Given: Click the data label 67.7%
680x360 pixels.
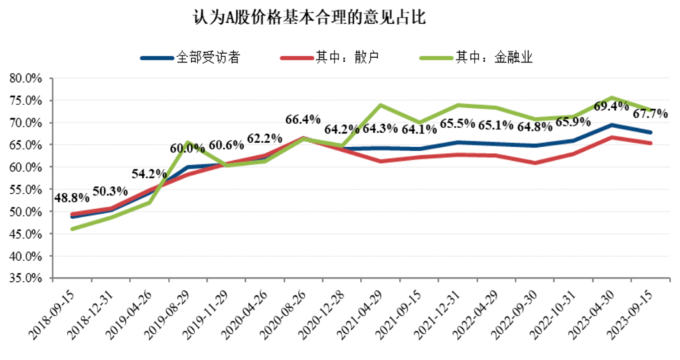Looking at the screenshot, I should [x=650, y=113].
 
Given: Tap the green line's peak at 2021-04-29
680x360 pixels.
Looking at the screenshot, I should [x=380, y=105].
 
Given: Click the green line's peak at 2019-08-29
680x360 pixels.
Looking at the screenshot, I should [x=187, y=142].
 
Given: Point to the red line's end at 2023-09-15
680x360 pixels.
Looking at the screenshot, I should [x=650, y=143].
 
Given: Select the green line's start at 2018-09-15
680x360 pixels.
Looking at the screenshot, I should [x=73, y=228].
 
